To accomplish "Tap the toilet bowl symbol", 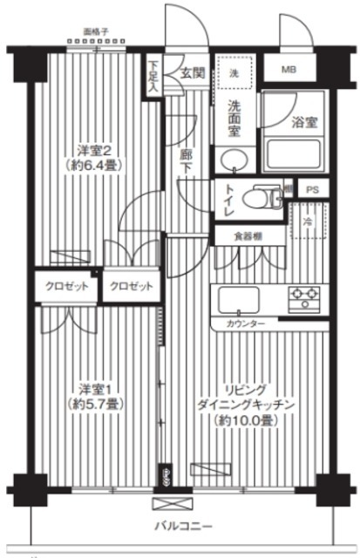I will tap(259, 197).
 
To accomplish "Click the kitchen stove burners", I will tap(305, 299).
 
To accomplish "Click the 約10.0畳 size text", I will tap(249, 420).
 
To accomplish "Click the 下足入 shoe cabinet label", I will tap(153, 75).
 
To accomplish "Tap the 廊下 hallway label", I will tap(186, 161).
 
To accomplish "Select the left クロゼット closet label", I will tap(65, 286).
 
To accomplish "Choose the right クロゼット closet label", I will tap(132, 286).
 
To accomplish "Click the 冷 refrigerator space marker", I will tap(309, 222).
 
